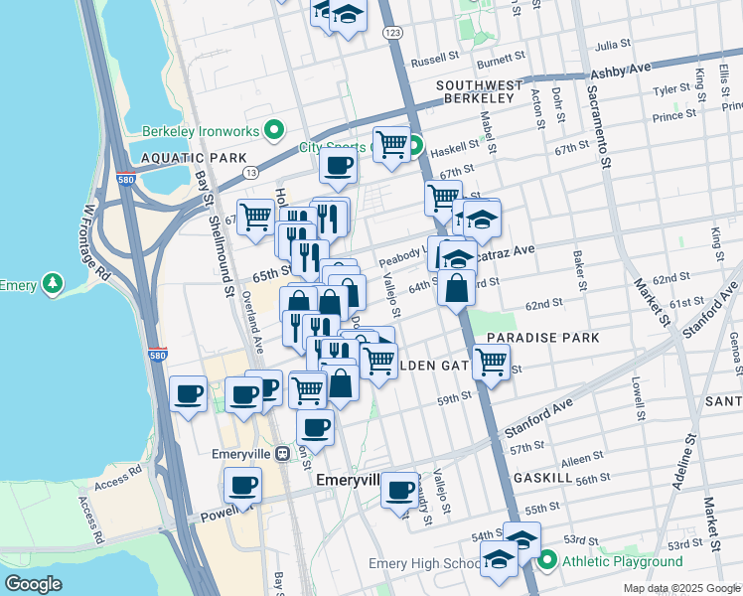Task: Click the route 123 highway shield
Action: pos(393,34)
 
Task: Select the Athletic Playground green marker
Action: pos(546,562)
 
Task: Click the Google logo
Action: pos(34,583)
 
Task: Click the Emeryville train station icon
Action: pos(283,454)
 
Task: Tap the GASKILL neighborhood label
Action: pos(542,478)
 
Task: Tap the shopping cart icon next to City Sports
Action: pos(391,145)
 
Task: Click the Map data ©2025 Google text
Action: pos(680,588)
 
